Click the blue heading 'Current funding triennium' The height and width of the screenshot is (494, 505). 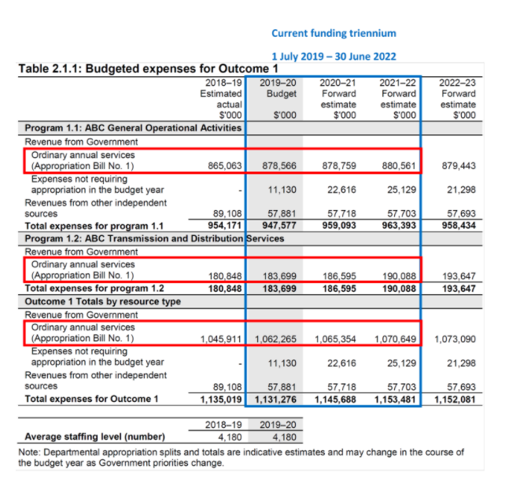point(334,33)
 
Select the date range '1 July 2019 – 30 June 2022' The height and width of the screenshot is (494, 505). point(334,57)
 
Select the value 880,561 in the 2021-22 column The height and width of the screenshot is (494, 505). point(397,167)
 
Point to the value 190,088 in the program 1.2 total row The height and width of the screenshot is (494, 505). point(397,289)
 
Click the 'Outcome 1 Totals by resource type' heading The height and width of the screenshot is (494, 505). point(102,301)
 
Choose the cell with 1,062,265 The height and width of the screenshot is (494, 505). point(275,339)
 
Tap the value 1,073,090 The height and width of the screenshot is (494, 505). point(455,339)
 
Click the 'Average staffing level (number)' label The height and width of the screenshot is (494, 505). point(95,437)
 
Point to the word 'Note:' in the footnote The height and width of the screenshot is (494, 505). point(31,452)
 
